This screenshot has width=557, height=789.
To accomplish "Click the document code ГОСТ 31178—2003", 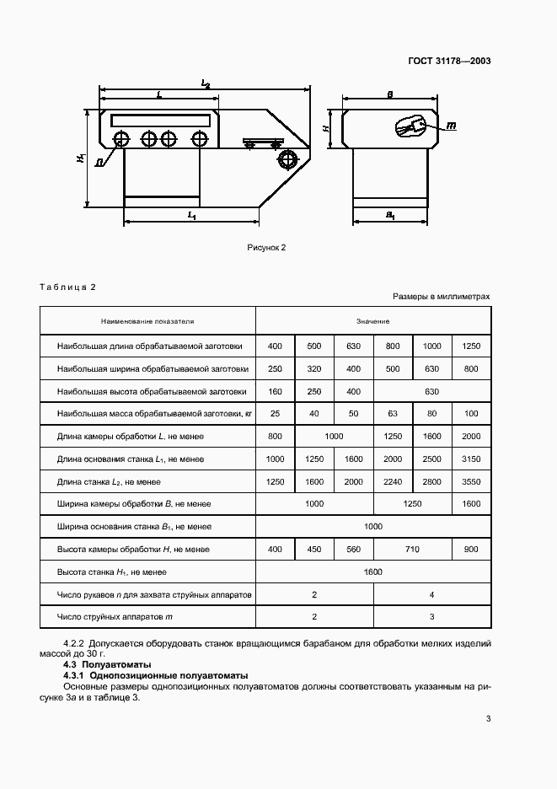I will tap(451, 61).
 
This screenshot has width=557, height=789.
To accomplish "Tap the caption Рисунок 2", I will tap(267, 248).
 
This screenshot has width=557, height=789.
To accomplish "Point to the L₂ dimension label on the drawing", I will tap(205, 83).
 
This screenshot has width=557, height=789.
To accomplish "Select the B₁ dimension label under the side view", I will tap(391, 216).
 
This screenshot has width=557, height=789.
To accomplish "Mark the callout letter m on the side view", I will tap(450, 126).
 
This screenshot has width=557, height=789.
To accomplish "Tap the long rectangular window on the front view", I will tap(160, 120).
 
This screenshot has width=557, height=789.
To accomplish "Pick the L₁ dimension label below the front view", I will tap(191, 216).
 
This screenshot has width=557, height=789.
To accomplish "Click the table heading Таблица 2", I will tap(68, 287).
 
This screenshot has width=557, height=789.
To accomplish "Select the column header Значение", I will tap(372, 321).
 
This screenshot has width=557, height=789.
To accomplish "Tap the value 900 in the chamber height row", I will tap(471, 549).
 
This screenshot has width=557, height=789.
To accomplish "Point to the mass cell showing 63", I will tap(393, 413).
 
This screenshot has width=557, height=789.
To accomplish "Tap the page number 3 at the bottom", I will tap(488, 719).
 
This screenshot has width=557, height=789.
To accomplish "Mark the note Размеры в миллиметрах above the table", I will tap(441, 298).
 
